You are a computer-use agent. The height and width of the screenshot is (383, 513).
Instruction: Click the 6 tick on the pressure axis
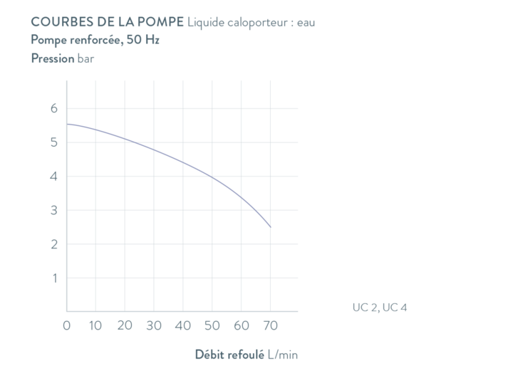(53, 108)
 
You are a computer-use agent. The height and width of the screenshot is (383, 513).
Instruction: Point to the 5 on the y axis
(53, 142)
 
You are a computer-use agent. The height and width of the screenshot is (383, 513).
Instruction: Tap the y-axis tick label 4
(53, 177)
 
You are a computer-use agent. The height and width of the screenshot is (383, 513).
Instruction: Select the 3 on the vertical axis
(53, 210)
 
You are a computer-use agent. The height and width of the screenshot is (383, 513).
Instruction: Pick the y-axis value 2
(53, 244)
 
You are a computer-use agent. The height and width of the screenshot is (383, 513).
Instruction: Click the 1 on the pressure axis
(53, 278)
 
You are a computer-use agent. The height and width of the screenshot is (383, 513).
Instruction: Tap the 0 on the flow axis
(67, 326)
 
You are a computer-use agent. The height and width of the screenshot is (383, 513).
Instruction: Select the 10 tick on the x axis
(95, 326)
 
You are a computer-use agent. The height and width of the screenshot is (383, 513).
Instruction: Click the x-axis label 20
(125, 326)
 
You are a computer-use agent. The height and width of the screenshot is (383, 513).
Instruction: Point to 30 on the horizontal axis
(154, 326)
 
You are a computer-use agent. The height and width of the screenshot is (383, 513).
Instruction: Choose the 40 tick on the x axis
(183, 326)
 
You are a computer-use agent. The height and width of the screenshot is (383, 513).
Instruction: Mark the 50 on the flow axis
(212, 326)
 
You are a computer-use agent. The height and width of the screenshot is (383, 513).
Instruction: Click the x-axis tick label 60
(242, 326)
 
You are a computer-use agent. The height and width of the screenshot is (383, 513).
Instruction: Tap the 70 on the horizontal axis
(271, 326)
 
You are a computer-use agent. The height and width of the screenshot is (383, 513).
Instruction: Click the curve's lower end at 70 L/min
(271, 227)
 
